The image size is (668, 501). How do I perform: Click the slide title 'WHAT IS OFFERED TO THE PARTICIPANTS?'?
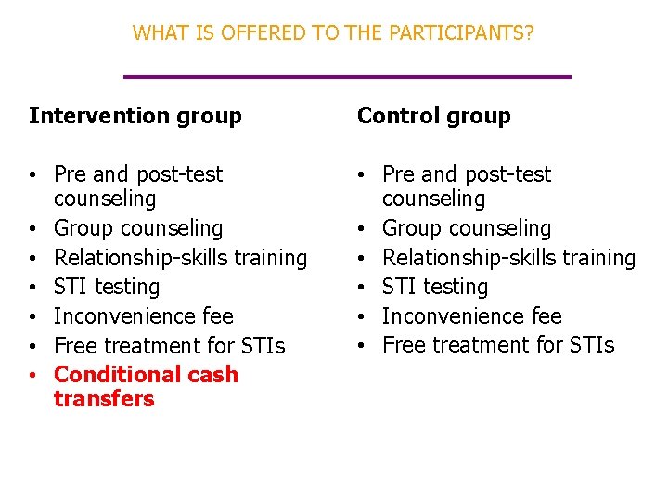pos(333,33)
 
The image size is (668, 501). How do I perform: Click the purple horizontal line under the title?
pos(347,76)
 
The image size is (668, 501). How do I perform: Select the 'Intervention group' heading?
pos(135,116)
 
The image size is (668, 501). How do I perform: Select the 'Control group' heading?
pos(433,116)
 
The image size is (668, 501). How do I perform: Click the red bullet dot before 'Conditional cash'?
pos(32,376)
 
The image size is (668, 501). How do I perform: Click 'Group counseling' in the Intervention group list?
pos(138,228)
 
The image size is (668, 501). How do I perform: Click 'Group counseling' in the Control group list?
pos(466,228)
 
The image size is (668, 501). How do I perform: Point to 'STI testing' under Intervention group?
pos(107,287)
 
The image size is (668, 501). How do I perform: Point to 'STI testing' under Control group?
pos(434,287)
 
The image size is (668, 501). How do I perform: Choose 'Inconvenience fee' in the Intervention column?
pos(144,316)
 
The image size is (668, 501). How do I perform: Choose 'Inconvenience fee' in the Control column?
pos(471,316)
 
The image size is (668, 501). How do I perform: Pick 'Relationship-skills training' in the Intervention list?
pos(180,258)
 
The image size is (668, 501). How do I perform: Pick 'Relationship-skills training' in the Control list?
pos(508,258)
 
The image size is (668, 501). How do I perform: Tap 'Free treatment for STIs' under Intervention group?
pos(169,346)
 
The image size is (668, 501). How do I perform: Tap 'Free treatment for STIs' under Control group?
pos(497,346)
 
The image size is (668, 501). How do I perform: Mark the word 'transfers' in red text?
pos(104,399)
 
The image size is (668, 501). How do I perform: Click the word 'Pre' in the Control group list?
pos(397,174)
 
